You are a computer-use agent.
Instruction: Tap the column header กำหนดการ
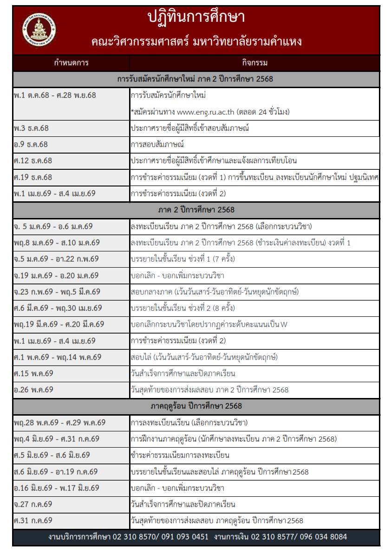tap(71, 63)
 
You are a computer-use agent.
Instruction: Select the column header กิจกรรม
tap(254, 63)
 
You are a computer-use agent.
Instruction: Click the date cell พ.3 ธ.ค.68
tap(31, 128)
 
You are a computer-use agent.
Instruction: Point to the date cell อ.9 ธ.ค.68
tap(31, 144)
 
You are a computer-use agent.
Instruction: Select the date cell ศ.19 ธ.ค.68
tap(33, 177)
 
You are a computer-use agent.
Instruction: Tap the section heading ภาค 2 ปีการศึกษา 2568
tap(196, 210)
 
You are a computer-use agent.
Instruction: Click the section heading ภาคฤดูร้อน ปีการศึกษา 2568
tap(196, 406)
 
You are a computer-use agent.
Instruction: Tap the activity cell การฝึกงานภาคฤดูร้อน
tap(234, 439)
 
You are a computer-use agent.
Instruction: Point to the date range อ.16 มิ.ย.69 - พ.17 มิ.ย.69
tap(56, 488)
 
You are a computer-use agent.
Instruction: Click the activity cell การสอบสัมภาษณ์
tap(157, 144)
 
